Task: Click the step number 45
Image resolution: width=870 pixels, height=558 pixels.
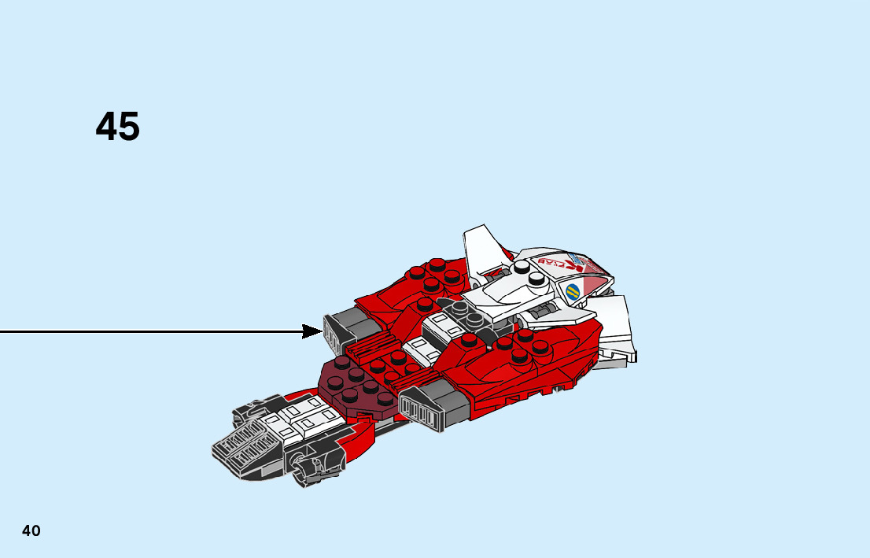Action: [118, 127]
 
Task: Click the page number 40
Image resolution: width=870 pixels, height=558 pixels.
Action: [31, 530]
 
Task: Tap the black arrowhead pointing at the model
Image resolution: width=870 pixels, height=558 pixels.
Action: [312, 331]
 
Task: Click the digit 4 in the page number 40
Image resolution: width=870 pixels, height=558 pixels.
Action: [27, 530]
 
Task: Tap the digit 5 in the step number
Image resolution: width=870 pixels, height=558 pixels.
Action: [129, 127]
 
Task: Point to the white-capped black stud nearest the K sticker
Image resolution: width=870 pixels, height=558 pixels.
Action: [537, 278]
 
